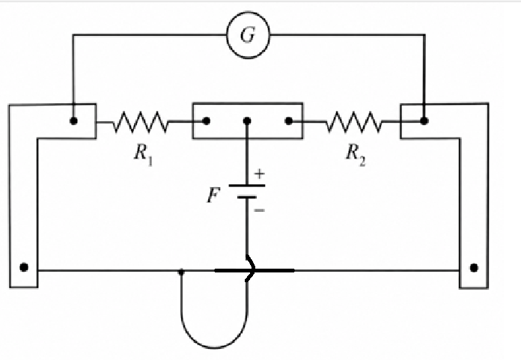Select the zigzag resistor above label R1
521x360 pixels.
point(141,122)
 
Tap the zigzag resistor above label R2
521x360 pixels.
point(354,122)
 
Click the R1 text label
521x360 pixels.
point(144,155)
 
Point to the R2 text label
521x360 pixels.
point(356,155)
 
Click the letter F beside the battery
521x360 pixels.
point(213,195)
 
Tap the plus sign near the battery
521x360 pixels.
point(260,174)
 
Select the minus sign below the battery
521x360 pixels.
point(260,210)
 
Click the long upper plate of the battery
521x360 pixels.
point(247,186)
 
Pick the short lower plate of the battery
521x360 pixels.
point(247,198)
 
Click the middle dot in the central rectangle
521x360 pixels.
point(247,121)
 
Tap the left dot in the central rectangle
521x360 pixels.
point(206,121)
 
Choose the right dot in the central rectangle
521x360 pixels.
point(289,121)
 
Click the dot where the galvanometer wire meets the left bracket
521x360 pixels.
point(74,121)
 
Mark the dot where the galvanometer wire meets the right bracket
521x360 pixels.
point(424,121)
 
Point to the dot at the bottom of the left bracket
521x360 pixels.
point(24,267)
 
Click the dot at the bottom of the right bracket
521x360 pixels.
point(474,267)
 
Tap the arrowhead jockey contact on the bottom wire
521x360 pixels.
point(251,269)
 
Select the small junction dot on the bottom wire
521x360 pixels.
point(181,272)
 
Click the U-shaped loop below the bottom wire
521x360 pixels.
point(214,347)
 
